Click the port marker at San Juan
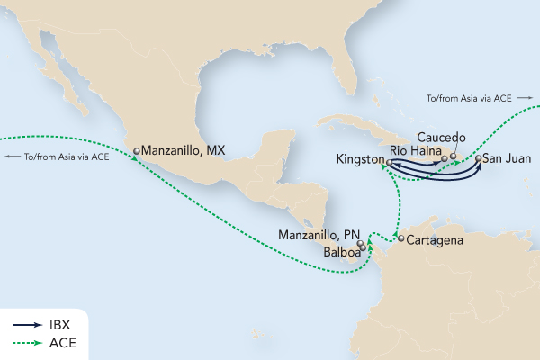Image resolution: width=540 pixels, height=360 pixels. click(478, 159)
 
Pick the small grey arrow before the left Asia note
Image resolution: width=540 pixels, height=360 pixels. click(13, 157)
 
